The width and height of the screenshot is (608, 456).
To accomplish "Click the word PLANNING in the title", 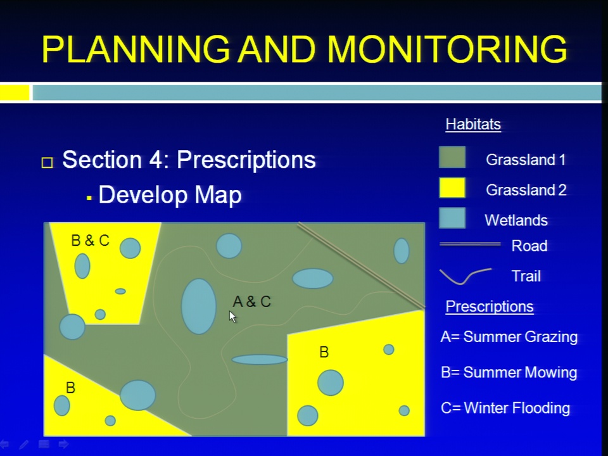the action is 136,49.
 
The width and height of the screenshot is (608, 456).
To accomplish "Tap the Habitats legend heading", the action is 473,125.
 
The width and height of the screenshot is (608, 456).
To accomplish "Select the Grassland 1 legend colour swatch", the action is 452,157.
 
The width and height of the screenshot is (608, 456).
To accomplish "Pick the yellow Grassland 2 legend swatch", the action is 452,187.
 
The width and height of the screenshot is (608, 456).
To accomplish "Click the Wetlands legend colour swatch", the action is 452,217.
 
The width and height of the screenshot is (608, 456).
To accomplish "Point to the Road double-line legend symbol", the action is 470,244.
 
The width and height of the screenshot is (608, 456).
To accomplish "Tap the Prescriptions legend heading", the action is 490,307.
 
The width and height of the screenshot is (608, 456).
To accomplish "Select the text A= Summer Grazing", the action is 509,336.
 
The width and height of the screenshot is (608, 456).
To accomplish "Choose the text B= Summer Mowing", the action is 509,372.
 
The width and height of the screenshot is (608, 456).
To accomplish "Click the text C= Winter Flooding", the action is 505,408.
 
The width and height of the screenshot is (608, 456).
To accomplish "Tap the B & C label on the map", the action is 91,241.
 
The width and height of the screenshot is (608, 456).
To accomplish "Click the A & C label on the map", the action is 251,301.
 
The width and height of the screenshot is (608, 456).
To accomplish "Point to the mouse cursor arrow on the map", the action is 232,317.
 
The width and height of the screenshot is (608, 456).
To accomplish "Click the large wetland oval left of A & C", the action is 198,307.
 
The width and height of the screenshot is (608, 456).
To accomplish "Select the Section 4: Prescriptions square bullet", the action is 47,162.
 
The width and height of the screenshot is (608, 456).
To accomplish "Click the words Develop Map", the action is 170,194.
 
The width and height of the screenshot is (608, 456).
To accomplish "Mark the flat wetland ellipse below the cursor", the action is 260,360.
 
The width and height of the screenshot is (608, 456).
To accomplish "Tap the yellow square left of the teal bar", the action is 15,92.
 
